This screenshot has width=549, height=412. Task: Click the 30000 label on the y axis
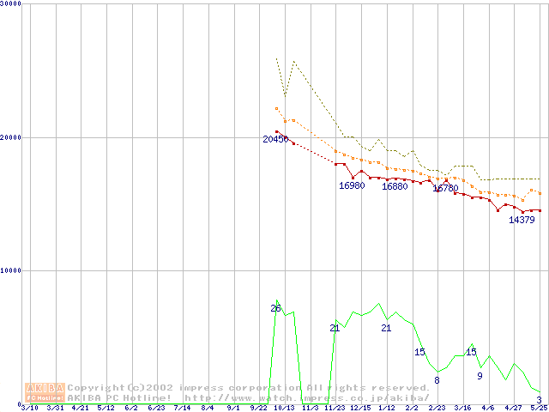pyautogui.click(x=11, y=4)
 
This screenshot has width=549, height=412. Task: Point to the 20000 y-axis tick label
pyautogui.click(x=11, y=137)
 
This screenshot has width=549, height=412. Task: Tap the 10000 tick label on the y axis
pyautogui.click(x=11, y=270)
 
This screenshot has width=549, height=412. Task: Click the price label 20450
pyautogui.click(x=275, y=139)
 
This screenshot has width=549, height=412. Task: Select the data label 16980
pyautogui.click(x=352, y=185)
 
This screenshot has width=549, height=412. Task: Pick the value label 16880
pyautogui.click(x=395, y=186)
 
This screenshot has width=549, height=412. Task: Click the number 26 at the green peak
pyautogui.click(x=275, y=308)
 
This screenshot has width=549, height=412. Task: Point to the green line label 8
pyautogui.click(x=437, y=380)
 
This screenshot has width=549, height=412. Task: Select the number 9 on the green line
pyautogui.click(x=480, y=376)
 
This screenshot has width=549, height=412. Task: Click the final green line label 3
pyautogui.click(x=539, y=400)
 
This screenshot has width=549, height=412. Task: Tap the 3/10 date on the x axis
pyautogui.click(x=29, y=408)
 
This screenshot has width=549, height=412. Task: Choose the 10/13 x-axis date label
pyautogui.click(x=283, y=408)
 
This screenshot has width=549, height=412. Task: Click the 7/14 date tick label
pyautogui.click(x=182, y=408)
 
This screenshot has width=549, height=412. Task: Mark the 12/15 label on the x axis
pyautogui.click(x=360, y=408)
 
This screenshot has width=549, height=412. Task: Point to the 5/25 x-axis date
pyautogui.click(x=539, y=408)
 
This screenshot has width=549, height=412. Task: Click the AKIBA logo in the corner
pyautogui.click(x=45, y=392)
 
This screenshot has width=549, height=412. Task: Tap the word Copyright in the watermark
pyautogui.click(x=96, y=388)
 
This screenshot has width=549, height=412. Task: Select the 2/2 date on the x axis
pyautogui.click(x=412, y=408)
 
